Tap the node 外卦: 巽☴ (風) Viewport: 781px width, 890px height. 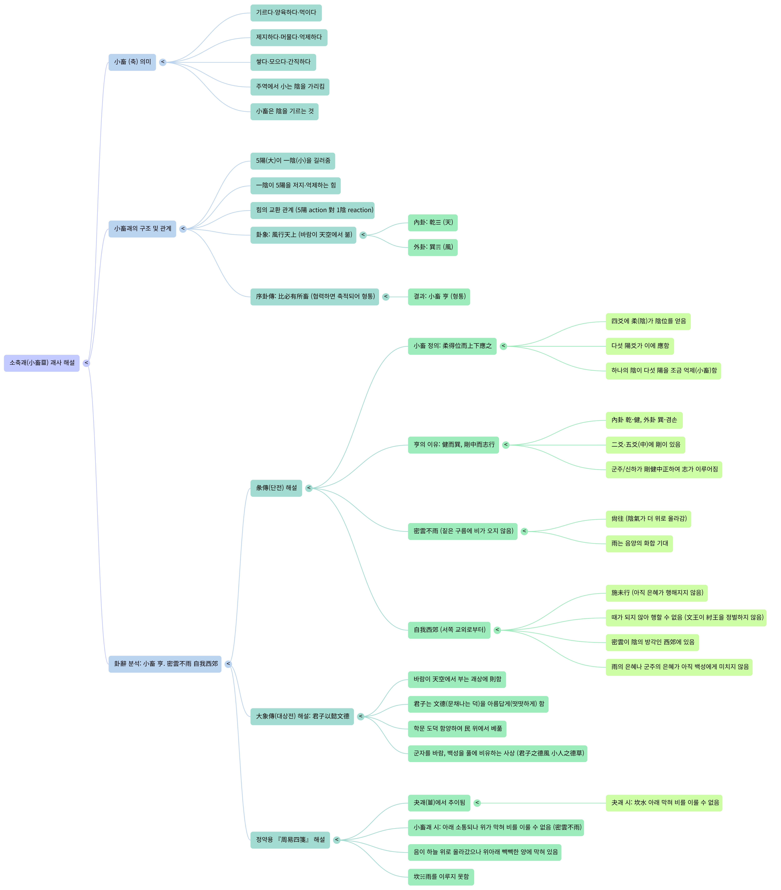[x=433, y=247]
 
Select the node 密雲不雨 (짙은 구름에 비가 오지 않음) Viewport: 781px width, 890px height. [x=463, y=531]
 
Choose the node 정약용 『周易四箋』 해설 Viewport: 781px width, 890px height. [x=290, y=840]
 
